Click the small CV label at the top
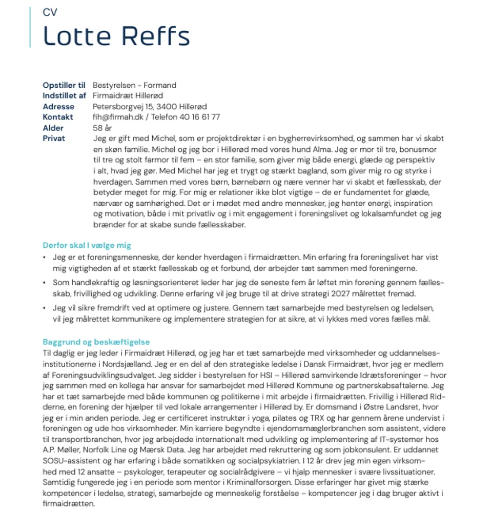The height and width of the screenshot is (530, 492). coord(50,12)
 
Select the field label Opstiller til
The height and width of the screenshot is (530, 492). coord(64,85)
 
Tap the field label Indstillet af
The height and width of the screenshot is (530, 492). coord(65,95)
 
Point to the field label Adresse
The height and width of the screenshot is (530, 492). coord(58,107)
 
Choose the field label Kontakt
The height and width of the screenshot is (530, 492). coord(58,117)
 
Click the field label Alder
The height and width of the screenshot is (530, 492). coord(53,128)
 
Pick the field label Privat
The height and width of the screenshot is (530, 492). coord(54,139)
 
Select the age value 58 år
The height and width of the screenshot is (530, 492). coord(102,128)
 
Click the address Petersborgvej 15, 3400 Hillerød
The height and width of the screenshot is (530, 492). coord(150,107)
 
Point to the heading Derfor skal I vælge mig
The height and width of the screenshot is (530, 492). coord(87,245)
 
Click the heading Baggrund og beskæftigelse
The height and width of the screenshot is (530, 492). coord(96,342)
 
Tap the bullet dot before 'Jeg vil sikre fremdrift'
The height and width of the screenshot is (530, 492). coord(45,308)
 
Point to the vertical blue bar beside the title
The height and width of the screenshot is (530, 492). coord(30,28)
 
